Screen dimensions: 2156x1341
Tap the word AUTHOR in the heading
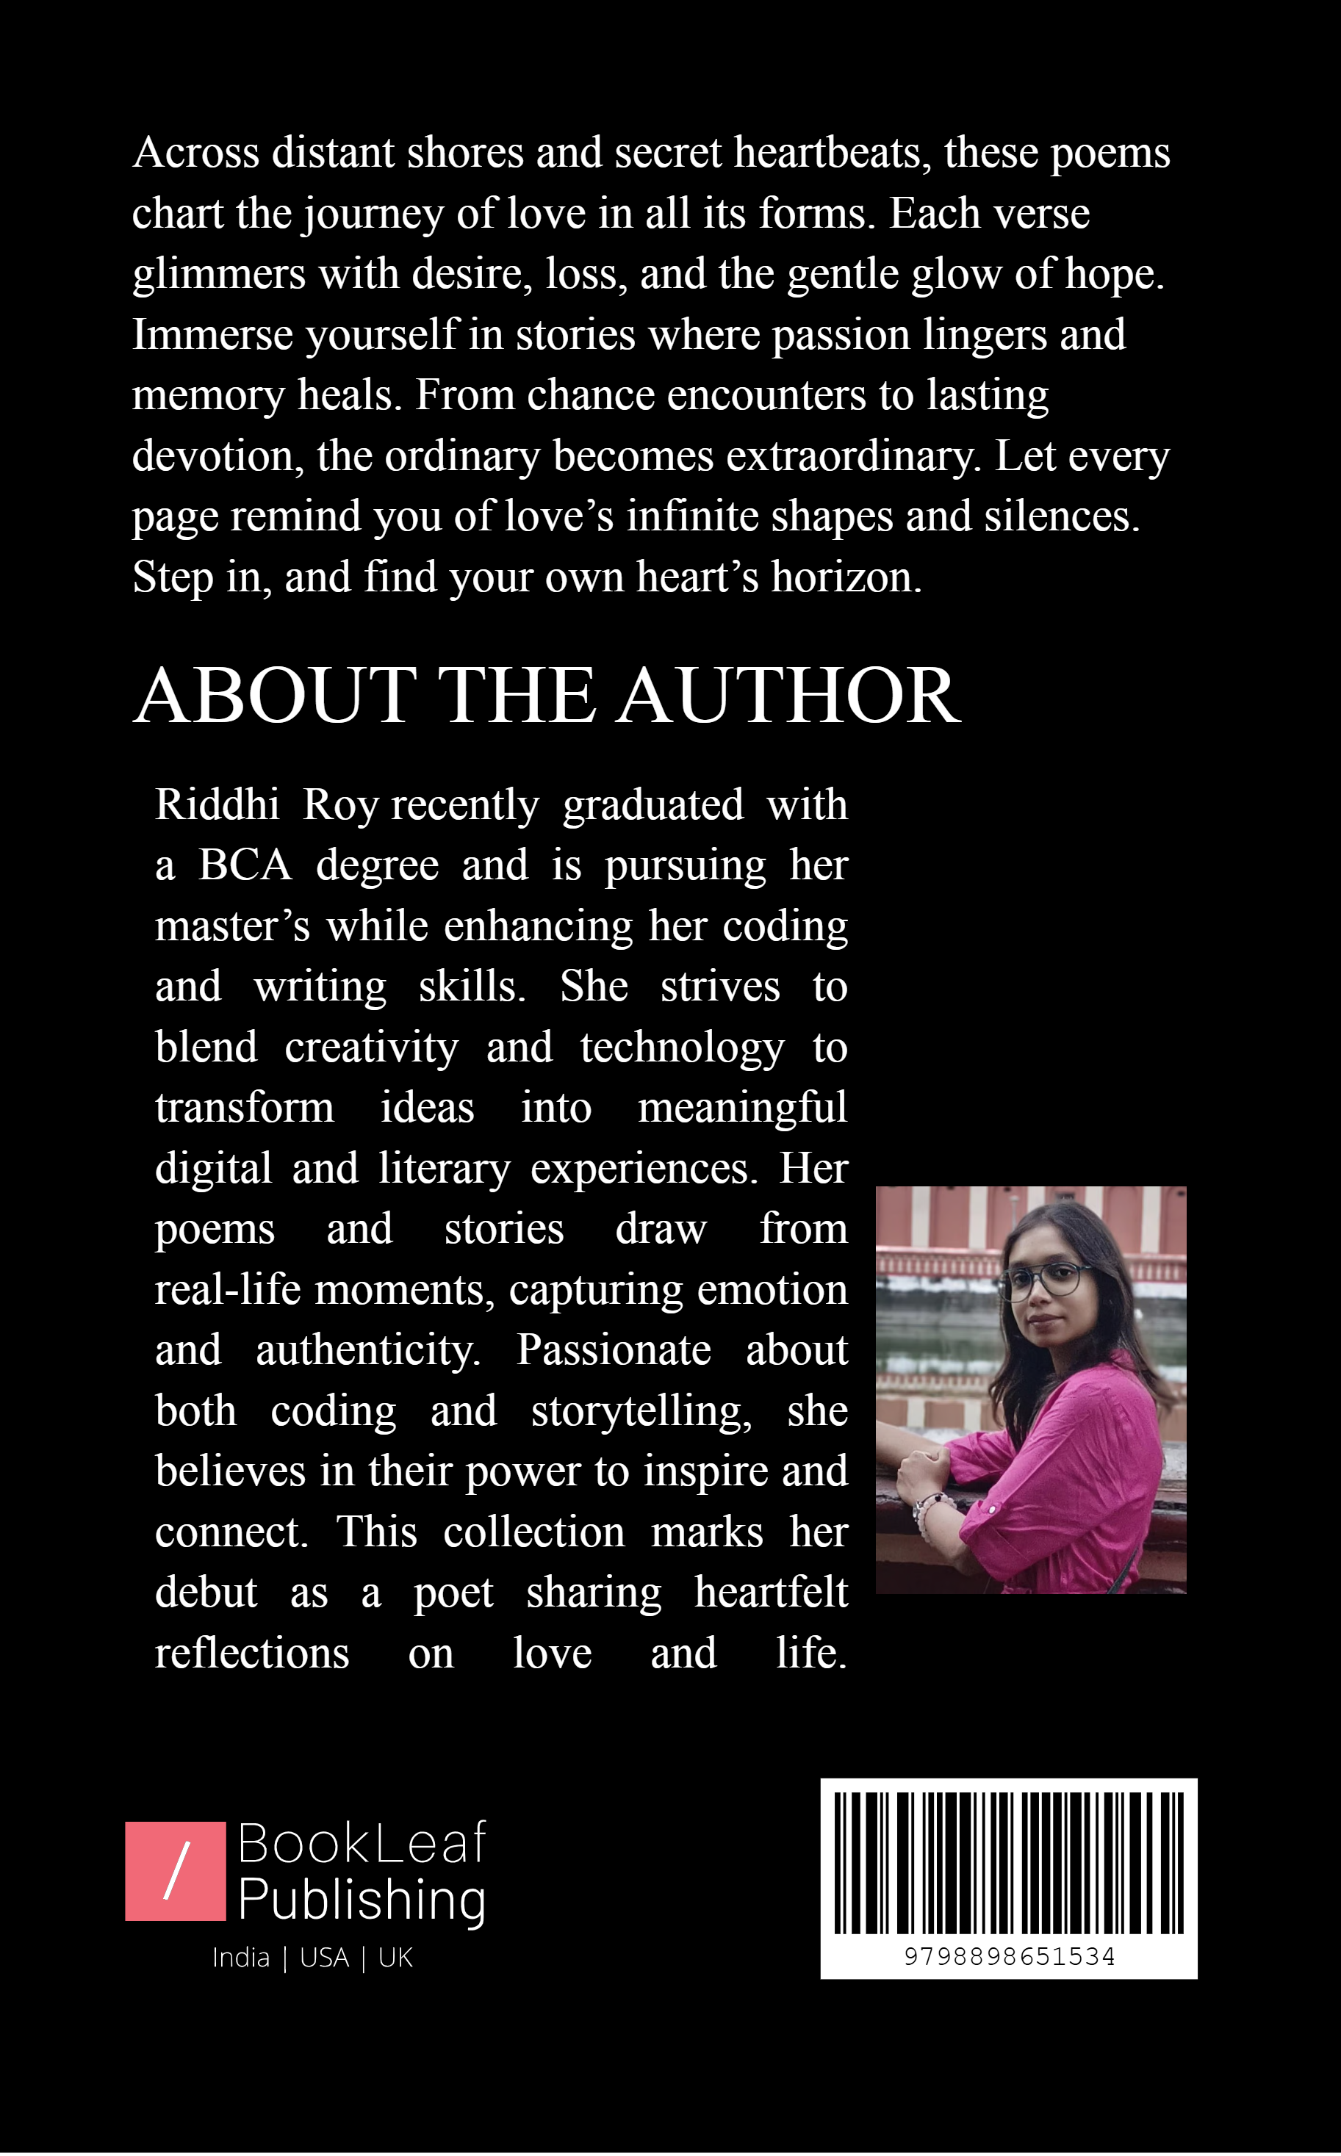point(788,696)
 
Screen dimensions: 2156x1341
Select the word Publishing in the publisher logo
point(362,1900)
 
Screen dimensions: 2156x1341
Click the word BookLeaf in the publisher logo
point(362,1844)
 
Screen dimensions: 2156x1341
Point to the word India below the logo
point(240,1958)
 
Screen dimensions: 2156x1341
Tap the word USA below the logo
point(324,1958)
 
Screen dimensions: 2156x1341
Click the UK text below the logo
point(395,1958)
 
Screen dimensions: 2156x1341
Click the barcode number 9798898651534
point(1010,1956)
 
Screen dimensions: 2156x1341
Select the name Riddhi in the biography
point(217,805)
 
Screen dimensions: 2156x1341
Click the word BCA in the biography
point(245,865)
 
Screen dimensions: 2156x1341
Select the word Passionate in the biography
point(614,1350)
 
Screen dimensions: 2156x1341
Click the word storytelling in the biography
point(640,1411)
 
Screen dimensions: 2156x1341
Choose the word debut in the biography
point(206,1593)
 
